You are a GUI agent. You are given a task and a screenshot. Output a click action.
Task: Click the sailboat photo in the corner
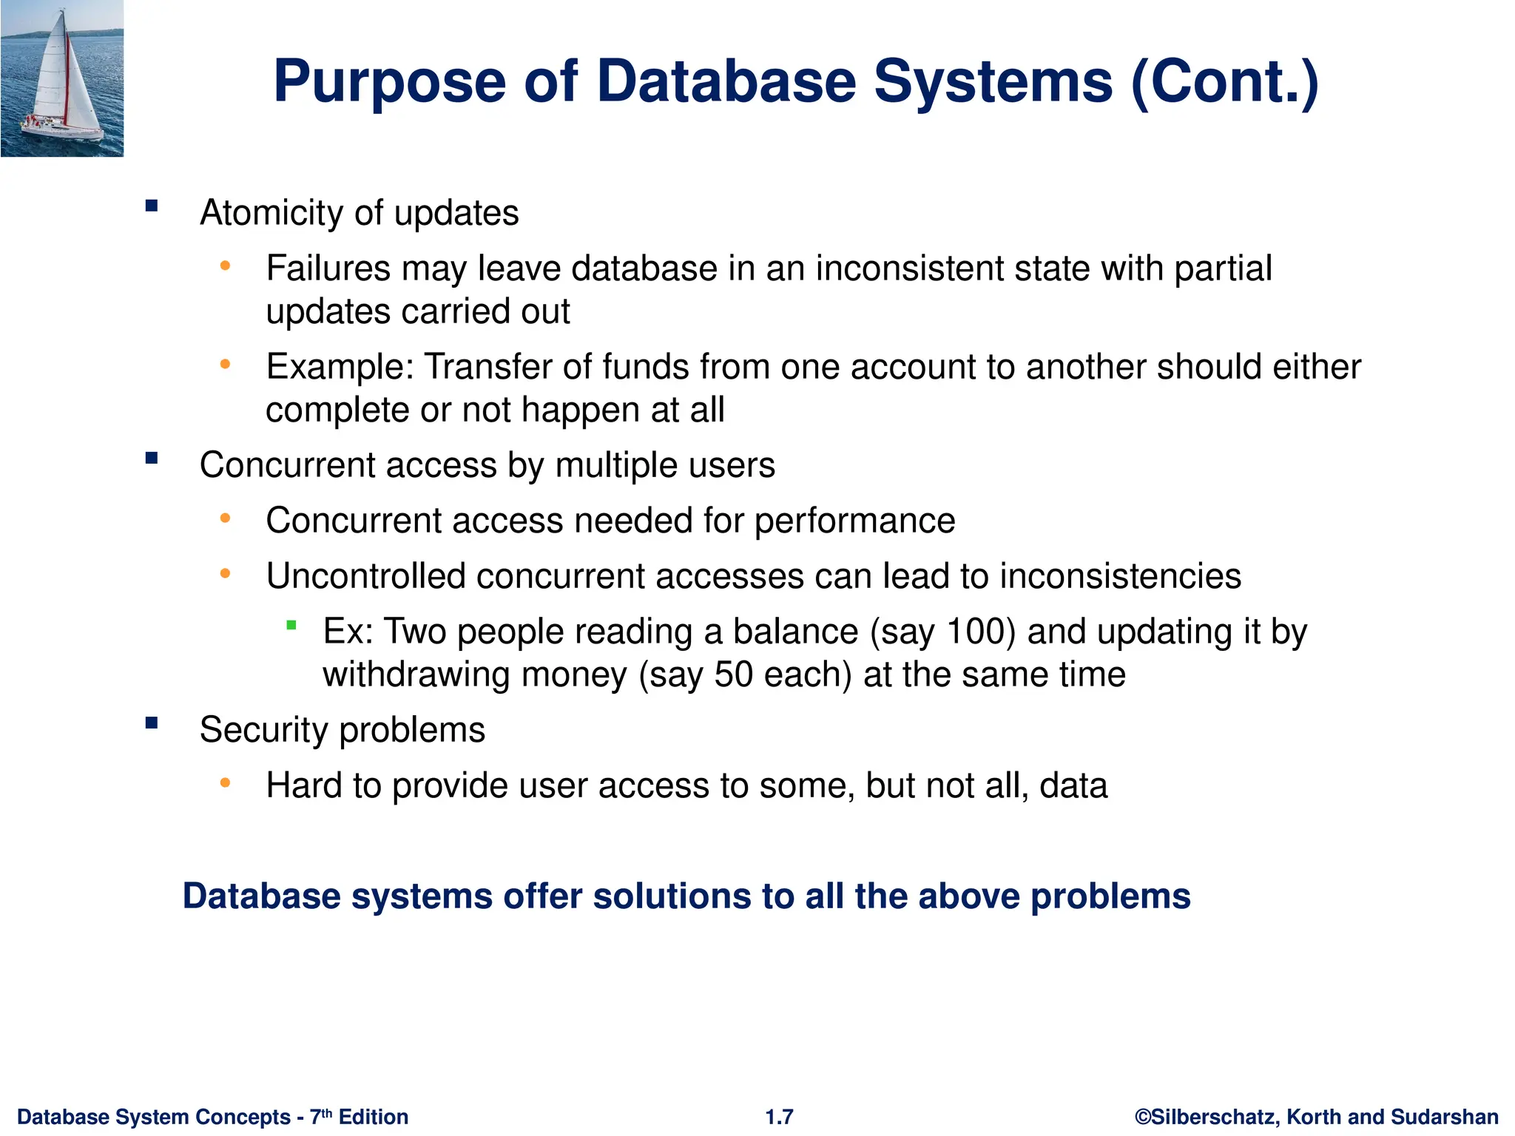point(62,78)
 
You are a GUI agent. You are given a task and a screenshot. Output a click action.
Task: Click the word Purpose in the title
point(390,81)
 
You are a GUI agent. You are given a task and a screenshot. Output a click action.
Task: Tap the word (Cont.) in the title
point(1224,81)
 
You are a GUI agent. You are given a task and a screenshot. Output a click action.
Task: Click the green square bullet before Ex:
point(291,626)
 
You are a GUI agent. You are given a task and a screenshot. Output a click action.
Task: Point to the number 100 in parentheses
point(976,632)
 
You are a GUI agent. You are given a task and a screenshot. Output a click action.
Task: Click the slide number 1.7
point(779,1117)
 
